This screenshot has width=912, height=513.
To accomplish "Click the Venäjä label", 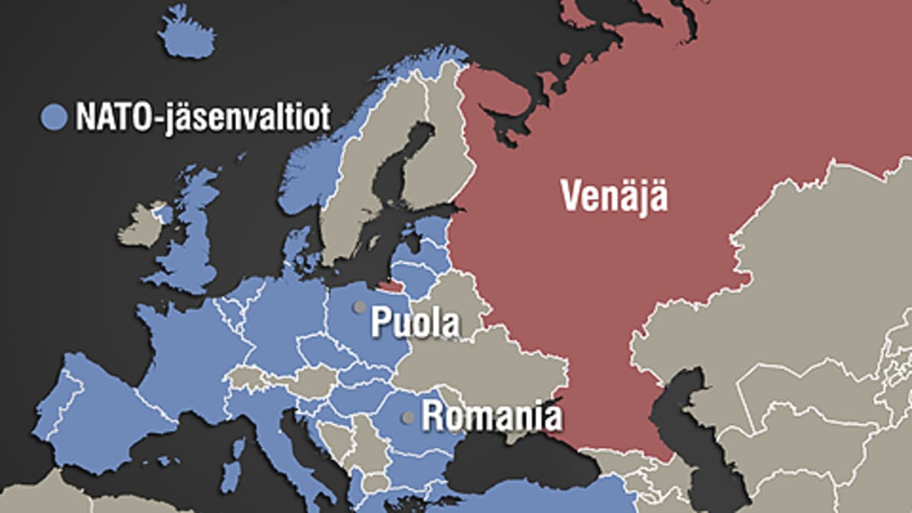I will point(614,196).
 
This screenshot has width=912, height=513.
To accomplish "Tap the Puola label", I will point(415,323).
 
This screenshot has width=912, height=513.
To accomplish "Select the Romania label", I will point(492,417).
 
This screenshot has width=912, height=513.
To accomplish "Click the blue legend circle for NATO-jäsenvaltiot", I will point(54,117).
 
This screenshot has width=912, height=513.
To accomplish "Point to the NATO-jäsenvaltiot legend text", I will point(202,118).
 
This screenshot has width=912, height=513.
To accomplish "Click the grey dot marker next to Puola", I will point(357,307).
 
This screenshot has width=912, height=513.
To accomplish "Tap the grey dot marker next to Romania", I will point(408,417).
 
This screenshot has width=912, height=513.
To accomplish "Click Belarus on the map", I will point(449,304).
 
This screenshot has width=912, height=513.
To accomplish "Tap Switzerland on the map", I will point(244,377).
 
